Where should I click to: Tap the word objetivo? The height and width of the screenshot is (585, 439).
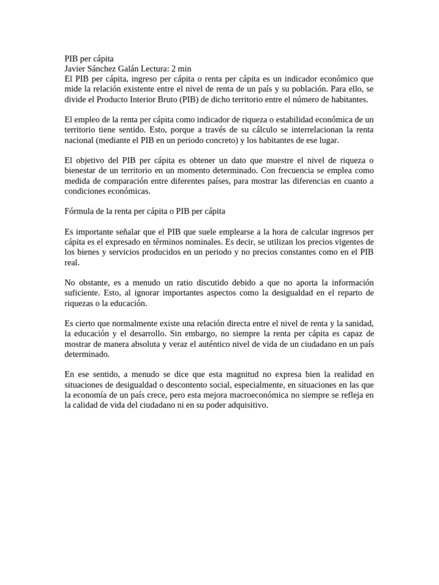click(91, 161)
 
